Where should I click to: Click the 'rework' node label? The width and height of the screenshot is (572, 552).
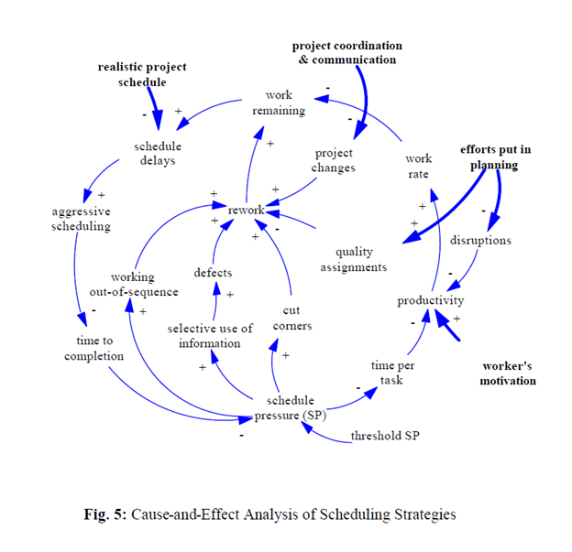point(247,211)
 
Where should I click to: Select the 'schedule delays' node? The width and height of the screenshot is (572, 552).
point(158,153)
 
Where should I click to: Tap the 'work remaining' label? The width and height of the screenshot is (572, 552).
point(280,103)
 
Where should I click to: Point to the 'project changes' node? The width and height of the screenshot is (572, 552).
point(334,160)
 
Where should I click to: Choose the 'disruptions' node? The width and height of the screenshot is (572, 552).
point(480,240)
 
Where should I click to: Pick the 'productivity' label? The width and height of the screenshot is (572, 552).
point(431,300)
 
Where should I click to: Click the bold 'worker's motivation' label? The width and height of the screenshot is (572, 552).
point(508,373)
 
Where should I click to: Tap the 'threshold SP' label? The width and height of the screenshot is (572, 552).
point(385,436)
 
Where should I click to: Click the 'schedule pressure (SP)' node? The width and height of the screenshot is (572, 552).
point(289,408)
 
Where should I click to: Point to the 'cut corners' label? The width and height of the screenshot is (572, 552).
point(292,319)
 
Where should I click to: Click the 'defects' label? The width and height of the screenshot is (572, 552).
point(213,272)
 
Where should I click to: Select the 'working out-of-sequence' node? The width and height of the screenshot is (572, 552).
point(132,284)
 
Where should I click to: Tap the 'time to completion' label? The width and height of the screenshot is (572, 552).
point(94,348)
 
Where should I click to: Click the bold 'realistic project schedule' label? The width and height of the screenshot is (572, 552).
point(141,74)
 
